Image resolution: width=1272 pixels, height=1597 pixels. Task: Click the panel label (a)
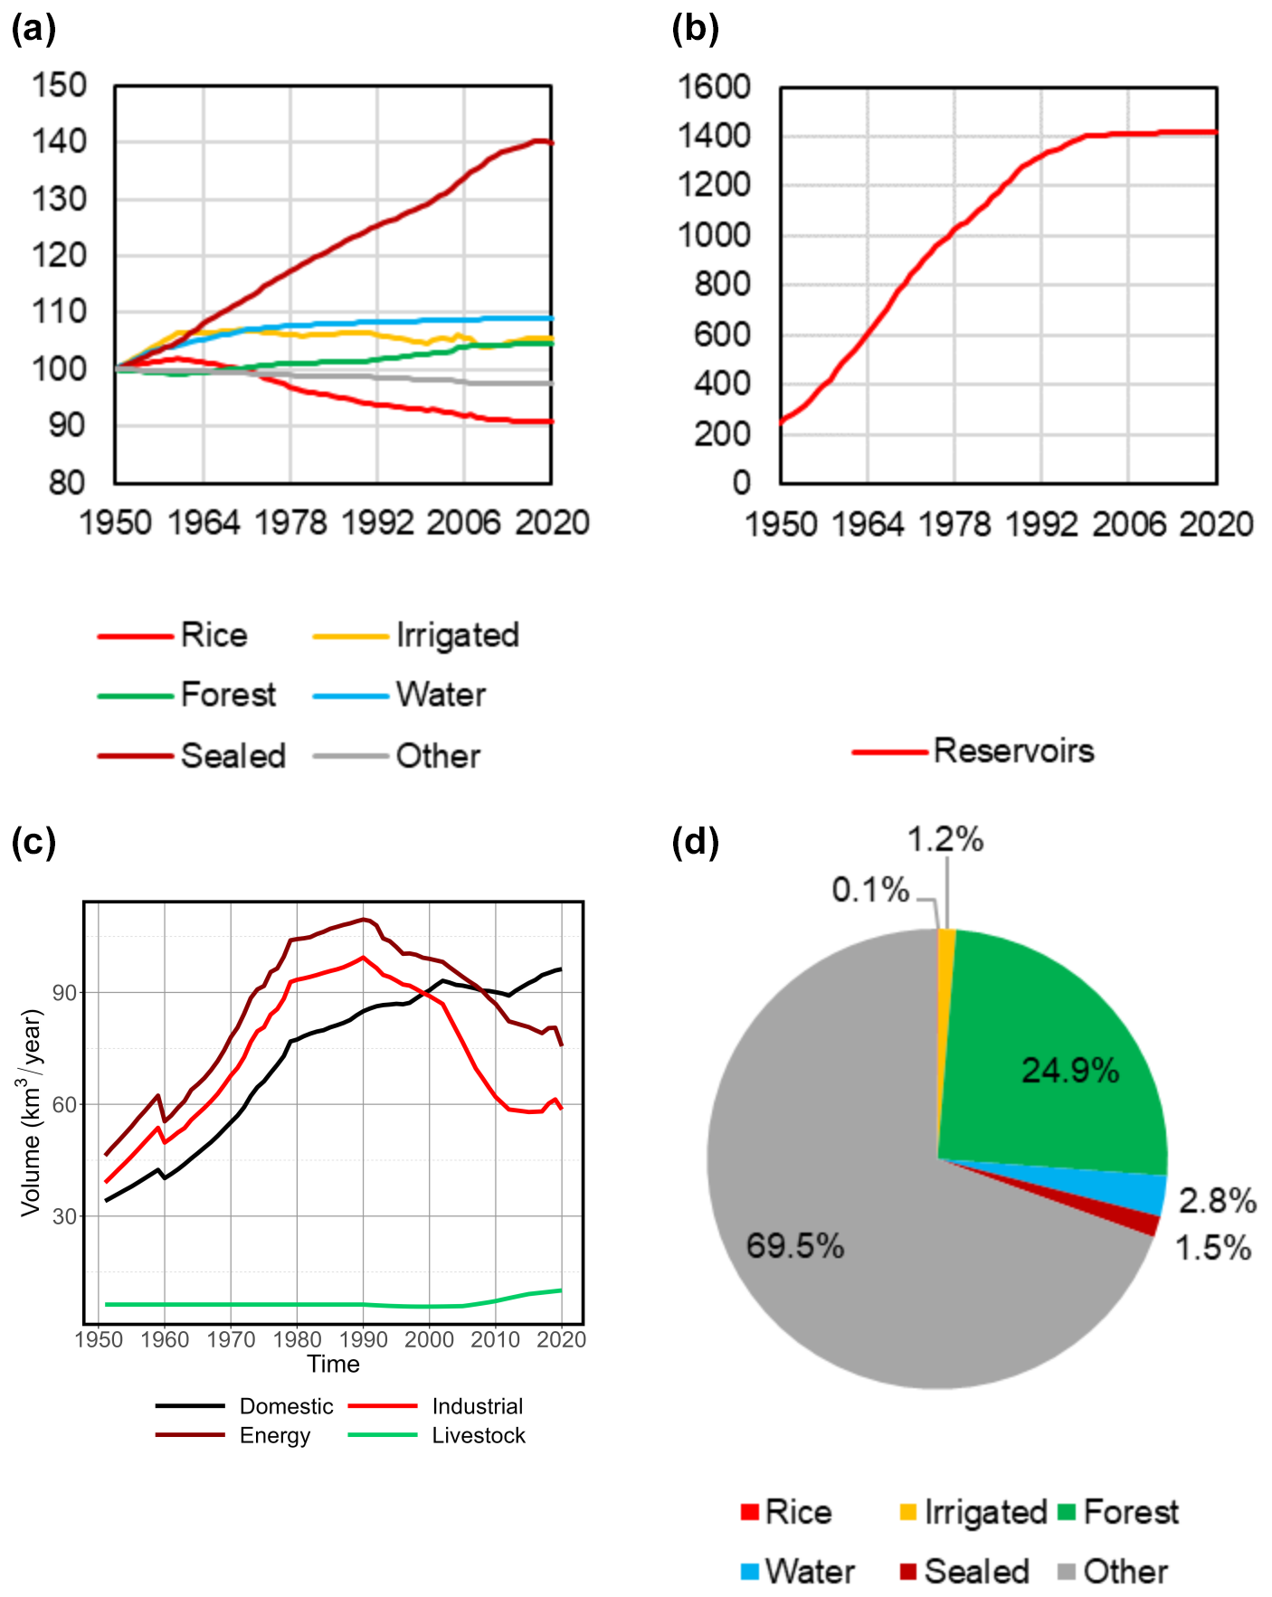(33, 29)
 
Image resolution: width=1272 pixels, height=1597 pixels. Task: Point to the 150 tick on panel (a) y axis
(60, 86)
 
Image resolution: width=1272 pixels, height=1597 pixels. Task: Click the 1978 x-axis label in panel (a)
(290, 523)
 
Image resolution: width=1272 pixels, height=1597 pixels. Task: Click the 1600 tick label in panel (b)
(715, 87)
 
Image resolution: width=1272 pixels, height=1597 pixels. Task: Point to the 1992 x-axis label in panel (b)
(1041, 524)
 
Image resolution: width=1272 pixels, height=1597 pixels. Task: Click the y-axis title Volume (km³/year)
(32, 1112)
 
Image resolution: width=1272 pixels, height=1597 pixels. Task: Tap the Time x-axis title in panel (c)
(333, 1364)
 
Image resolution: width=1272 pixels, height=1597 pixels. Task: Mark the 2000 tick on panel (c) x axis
(429, 1339)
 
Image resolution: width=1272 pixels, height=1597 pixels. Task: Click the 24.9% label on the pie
(1070, 1071)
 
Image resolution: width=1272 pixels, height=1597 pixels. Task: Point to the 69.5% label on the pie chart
(795, 1246)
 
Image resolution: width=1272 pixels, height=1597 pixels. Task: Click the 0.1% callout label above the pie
(870, 890)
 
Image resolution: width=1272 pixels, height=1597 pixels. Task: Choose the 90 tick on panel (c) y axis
(64, 993)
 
